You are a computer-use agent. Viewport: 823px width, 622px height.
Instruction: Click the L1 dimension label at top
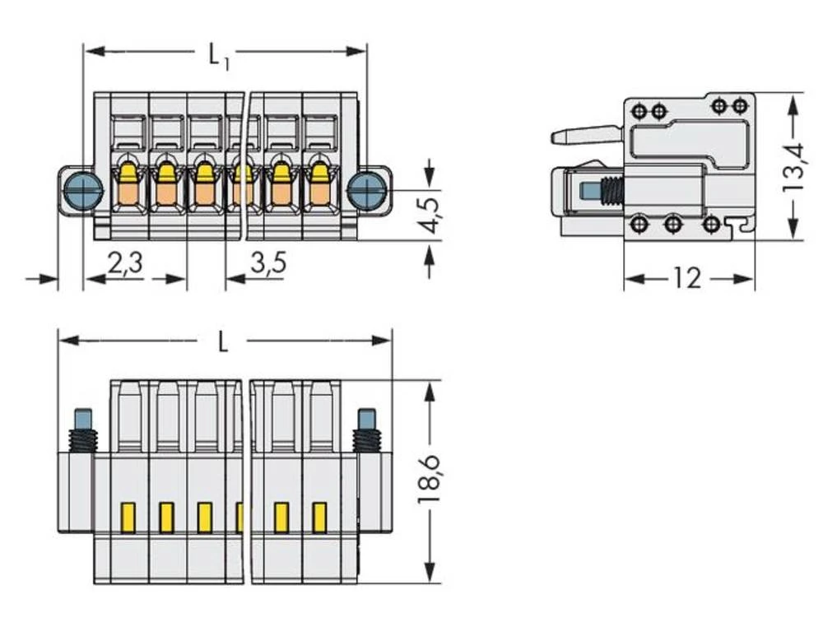[218, 57]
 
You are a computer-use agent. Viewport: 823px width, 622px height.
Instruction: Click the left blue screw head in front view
[82, 190]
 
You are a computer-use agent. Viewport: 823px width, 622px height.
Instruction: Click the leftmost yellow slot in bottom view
[128, 517]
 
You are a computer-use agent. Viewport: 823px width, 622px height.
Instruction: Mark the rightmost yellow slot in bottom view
[319, 517]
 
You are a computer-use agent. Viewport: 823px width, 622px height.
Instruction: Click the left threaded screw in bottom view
[84, 431]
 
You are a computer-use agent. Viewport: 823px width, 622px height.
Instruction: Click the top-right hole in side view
[741, 105]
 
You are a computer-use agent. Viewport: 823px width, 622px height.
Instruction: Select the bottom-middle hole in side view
[673, 224]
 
